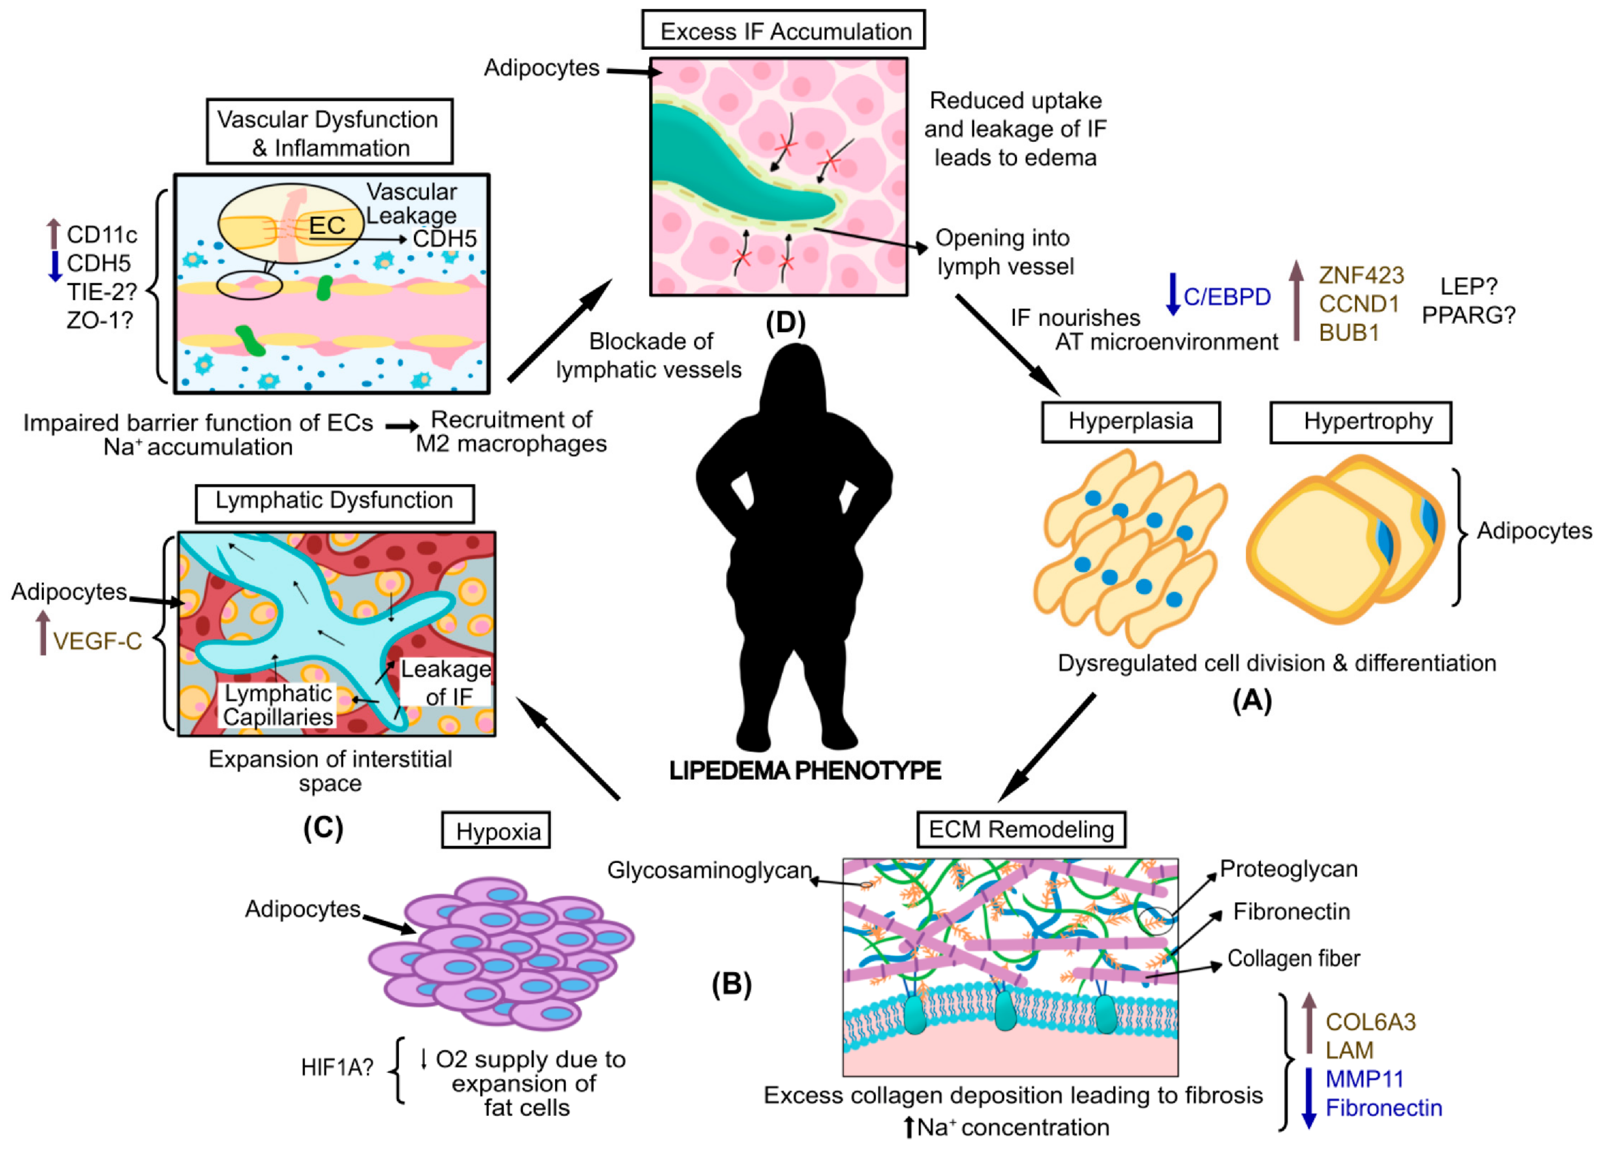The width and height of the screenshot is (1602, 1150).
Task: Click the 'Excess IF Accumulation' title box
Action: click(783, 30)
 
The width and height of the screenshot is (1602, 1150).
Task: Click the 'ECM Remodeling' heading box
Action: click(1021, 829)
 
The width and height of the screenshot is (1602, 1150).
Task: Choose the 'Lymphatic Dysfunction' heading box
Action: click(334, 501)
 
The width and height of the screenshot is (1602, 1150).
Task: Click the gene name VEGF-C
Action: click(98, 642)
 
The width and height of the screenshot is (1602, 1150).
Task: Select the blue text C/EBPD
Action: click(1227, 297)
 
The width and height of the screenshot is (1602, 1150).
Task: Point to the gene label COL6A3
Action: click(1370, 1022)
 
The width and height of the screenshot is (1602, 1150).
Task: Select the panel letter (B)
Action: click(731, 984)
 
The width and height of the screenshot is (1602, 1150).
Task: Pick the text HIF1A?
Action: click(337, 1067)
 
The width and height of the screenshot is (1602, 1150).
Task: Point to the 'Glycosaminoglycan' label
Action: click(709, 870)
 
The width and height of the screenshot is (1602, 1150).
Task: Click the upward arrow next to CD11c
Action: click(54, 234)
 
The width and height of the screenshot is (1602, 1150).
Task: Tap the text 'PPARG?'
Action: click(1468, 315)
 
